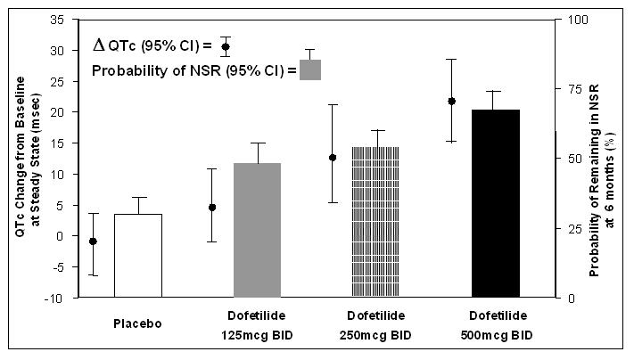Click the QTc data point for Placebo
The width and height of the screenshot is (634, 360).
click(x=93, y=241)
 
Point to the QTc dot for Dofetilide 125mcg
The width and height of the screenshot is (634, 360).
click(x=212, y=207)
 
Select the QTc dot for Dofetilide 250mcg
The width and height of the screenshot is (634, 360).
click(x=332, y=158)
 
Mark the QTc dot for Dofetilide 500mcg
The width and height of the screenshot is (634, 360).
click(x=451, y=101)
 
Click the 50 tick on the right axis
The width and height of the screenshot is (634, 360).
click(x=567, y=159)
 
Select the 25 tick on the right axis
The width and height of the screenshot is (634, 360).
click(x=567, y=228)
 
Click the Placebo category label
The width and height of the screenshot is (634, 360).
click(x=136, y=323)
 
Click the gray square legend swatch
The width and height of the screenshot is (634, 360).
click(x=310, y=70)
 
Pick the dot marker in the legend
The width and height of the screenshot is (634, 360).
click(x=226, y=46)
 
